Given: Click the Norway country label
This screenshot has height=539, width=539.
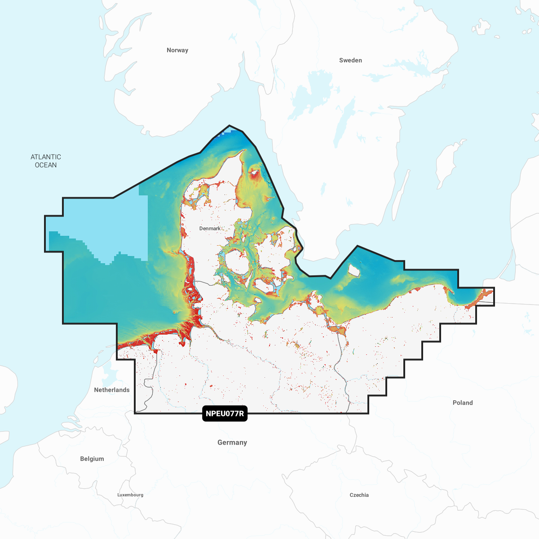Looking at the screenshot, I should pyautogui.click(x=177, y=50).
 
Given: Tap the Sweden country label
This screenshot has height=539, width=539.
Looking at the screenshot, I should pyautogui.click(x=350, y=60).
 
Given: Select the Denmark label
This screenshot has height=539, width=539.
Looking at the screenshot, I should pyautogui.click(x=210, y=229).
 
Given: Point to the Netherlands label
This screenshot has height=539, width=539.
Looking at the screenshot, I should pyautogui.click(x=112, y=390).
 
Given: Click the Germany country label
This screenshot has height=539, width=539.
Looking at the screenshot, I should pyautogui.click(x=232, y=442).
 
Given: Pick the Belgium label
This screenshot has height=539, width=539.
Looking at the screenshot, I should pyautogui.click(x=92, y=459).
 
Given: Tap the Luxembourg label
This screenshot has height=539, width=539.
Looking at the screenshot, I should pyautogui.click(x=130, y=495).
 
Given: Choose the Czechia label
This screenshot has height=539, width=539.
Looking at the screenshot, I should pyautogui.click(x=359, y=495).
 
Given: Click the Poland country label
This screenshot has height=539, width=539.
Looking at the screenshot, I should pyautogui.click(x=463, y=403).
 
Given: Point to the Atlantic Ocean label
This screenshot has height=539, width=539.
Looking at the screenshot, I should pyautogui.click(x=46, y=161).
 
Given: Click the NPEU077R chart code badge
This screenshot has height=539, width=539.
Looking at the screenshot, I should pyautogui.click(x=225, y=414).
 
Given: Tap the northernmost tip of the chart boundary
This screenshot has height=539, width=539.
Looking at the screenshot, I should pyautogui.click(x=230, y=125).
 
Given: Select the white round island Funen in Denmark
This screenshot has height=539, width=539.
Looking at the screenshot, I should pyautogui.click(x=237, y=262).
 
